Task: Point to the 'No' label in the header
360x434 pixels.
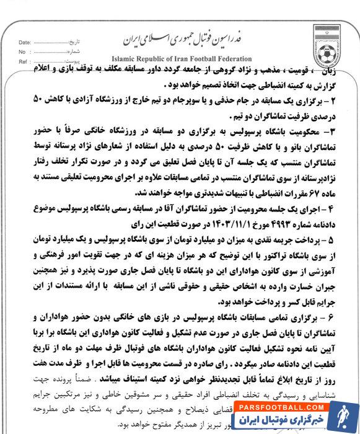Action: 22,53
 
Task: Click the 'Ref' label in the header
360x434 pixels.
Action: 23,63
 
